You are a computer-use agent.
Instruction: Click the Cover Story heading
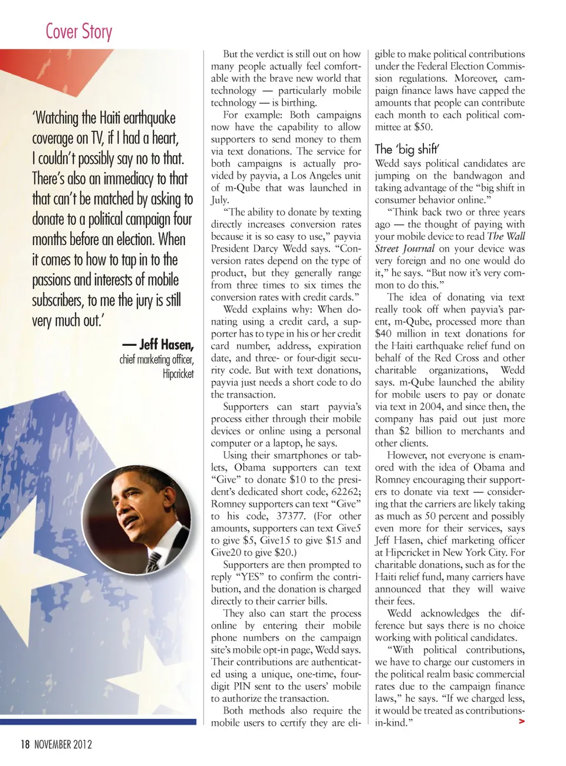click(x=79, y=31)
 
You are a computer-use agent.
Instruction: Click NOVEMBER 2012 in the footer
click(x=63, y=745)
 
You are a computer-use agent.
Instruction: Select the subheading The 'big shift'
click(x=407, y=148)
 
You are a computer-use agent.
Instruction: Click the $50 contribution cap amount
click(x=423, y=127)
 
